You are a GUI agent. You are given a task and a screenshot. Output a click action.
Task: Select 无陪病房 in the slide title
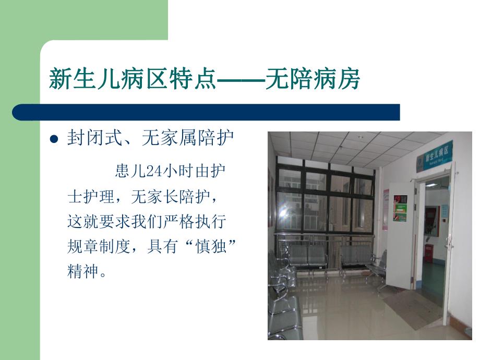[x=313, y=80]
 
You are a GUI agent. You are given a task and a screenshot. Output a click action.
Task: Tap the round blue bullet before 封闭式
[x=53, y=140]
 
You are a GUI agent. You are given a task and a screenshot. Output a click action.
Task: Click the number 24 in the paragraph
[x=150, y=172]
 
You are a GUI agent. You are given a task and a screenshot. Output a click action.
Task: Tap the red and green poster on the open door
[x=400, y=208]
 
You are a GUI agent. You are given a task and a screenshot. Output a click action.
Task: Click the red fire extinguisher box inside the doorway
[x=428, y=253]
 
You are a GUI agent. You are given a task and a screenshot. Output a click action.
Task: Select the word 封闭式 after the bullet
[x=91, y=139]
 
